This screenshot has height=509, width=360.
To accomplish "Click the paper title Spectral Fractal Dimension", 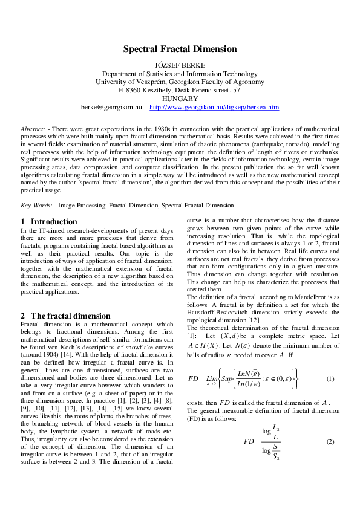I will point(180,49).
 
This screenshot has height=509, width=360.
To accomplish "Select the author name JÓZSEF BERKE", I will point(180,64).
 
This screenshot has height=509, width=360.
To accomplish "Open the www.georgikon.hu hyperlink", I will point(214,107).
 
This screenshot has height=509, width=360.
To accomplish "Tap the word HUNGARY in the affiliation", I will point(180,99).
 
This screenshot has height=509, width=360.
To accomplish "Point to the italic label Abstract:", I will point(33,129).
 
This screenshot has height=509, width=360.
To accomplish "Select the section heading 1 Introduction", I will point(49,222).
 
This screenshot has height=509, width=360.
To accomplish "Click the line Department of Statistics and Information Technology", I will point(180,73).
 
